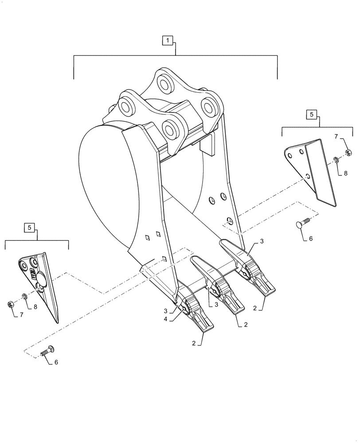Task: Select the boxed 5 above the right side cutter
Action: coord(311,114)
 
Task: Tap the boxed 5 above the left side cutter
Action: coord(29,227)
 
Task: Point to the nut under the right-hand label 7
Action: coord(348,152)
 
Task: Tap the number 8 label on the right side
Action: coord(345,174)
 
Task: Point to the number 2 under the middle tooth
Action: coord(245,325)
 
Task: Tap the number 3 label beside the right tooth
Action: coord(262,241)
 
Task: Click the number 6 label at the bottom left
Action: coord(56,362)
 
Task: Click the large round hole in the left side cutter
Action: coord(40,280)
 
